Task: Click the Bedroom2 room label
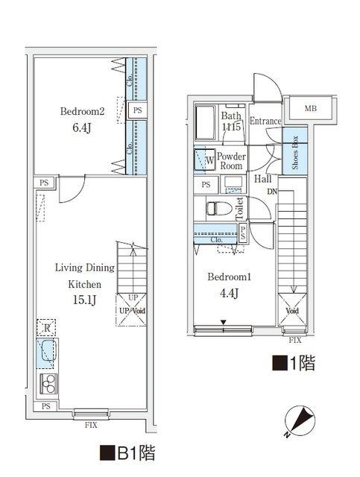[81, 113]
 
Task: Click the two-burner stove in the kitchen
[48, 384]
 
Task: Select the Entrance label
[265, 121]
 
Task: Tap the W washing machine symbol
[203, 159]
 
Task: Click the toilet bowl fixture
[217, 207]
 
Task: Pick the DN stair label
[274, 192]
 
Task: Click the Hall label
[262, 179]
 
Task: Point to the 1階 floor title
[293, 363]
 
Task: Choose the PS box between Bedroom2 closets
[138, 110]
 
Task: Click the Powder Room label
[231, 161]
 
